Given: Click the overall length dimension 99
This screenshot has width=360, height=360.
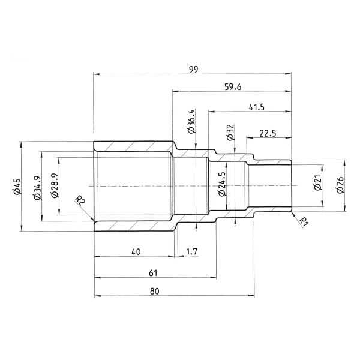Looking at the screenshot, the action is [194, 70].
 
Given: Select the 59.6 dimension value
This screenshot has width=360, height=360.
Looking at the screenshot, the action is [233, 87].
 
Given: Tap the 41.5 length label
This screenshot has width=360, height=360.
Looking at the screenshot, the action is [257, 107].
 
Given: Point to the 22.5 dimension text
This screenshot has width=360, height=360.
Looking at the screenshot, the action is [268, 133].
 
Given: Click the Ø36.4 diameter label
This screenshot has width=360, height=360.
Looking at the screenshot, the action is [191, 121].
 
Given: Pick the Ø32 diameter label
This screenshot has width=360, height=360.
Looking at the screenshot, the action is [230, 132].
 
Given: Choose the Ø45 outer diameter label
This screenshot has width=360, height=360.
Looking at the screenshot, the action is [17, 187].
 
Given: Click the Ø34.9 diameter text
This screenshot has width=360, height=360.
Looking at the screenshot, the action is [37, 188].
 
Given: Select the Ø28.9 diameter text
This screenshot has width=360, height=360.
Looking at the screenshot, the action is [55, 185].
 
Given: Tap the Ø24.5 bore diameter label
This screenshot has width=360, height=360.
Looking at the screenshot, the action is [222, 184].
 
